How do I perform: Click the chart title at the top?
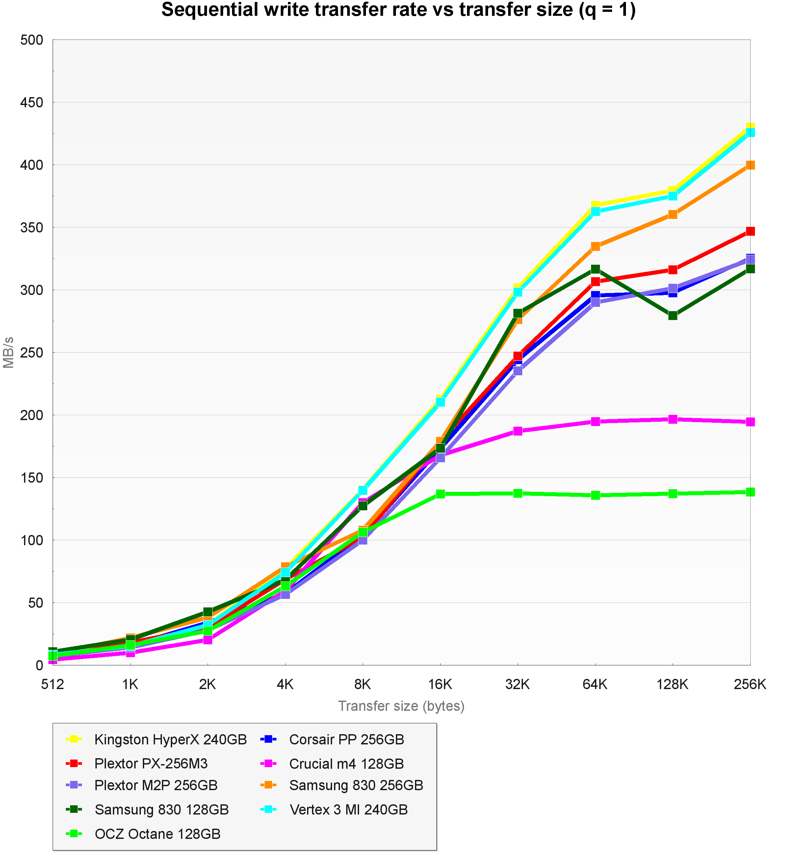pyautogui.click(x=398, y=10)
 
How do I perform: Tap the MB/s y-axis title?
pyautogui.click(x=9, y=352)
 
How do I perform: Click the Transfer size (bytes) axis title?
pyautogui.click(x=401, y=706)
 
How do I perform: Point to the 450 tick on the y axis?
pyautogui.click(x=32, y=102)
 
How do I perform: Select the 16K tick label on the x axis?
pyautogui.click(x=440, y=684)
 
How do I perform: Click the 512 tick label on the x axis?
pyautogui.click(x=53, y=684)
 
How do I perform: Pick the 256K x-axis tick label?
pyautogui.click(x=750, y=684)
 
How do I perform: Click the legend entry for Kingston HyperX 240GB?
pyautogui.click(x=170, y=740)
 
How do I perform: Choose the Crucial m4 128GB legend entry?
pyautogui.click(x=346, y=764)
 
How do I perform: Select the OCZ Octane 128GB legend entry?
pyautogui.click(x=158, y=834)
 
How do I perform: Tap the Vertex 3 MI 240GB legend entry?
pyautogui.click(x=348, y=810)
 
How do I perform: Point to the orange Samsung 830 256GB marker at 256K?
pyautogui.click(x=750, y=165)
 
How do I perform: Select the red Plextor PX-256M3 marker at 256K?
pyautogui.click(x=750, y=231)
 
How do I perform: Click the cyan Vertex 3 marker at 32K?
pyautogui.click(x=518, y=292)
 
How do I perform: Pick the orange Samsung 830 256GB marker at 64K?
pyautogui.click(x=595, y=246)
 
